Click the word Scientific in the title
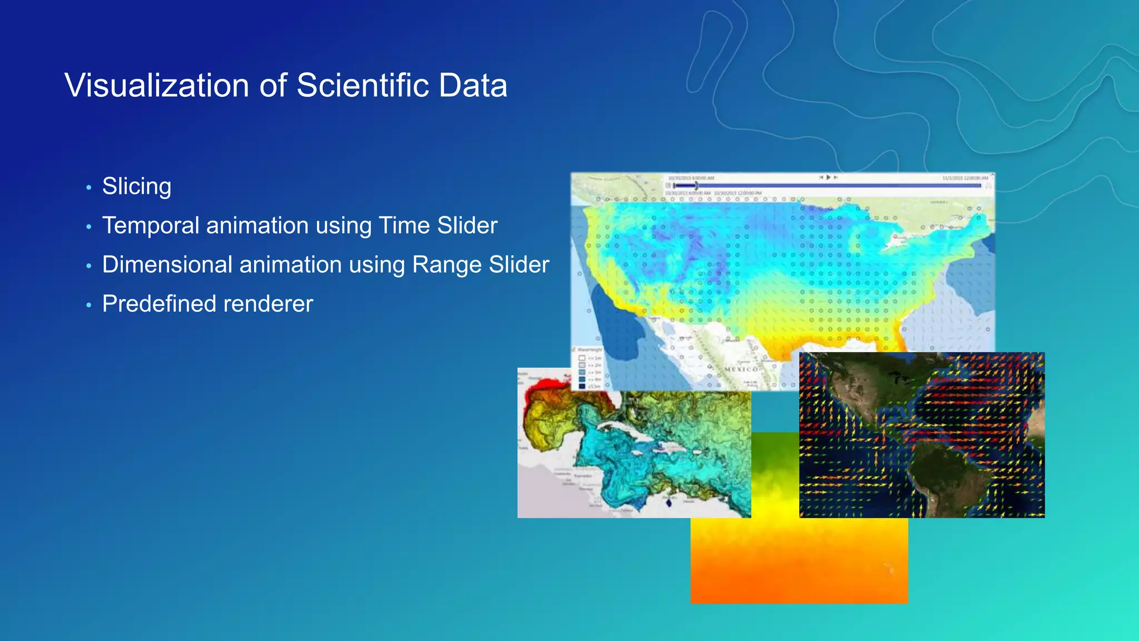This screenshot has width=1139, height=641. coord(363,86)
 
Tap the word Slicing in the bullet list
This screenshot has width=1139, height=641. coord(137,186)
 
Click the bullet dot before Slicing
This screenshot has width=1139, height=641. coord(88,188)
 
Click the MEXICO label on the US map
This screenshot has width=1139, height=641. coord(741,369)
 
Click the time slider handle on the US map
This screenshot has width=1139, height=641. coord(696,185)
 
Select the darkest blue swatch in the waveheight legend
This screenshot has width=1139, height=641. coord(582,386)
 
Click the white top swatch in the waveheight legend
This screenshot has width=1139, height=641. coord(582,358)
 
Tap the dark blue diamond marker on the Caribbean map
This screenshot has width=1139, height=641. coord(668,503)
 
